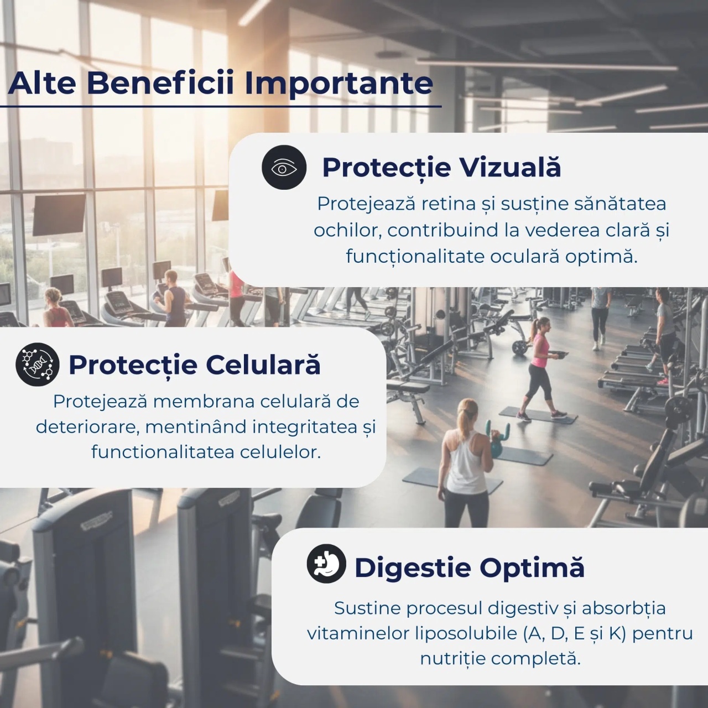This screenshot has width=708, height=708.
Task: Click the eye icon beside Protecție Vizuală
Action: tap(284, 168)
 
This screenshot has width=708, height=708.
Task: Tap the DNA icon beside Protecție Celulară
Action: tap(38, 364)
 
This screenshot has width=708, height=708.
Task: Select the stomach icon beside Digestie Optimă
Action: tap(326, 564)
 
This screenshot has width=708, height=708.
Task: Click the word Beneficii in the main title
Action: tap(160, 83)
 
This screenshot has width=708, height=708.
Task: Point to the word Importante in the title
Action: tap(339, 84)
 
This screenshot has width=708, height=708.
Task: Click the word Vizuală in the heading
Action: tap(511, 167)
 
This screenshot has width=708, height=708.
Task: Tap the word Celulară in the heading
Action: tap(263, 365)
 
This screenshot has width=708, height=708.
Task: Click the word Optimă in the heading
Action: tap(532, 568)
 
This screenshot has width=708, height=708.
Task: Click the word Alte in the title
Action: tap(42, 83)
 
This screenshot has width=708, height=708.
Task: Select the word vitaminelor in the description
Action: tap(358, 633)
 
